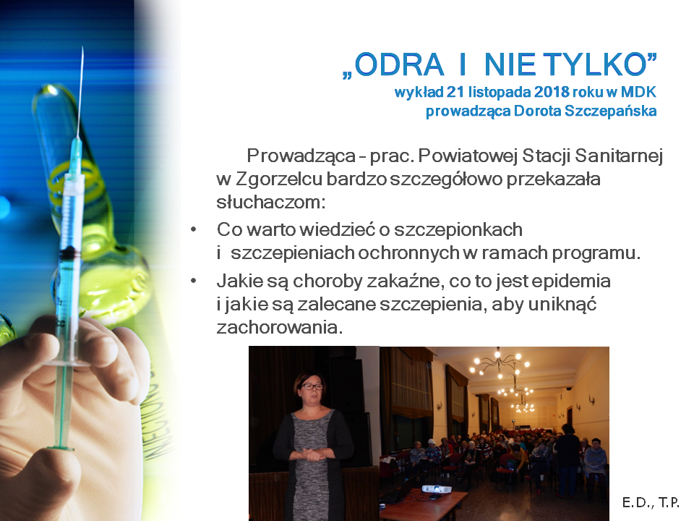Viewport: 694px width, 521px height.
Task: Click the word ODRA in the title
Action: coord(399,64)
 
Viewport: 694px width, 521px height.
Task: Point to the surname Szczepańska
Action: coord(610,111)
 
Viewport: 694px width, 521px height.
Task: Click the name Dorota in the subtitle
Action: coord(537,111)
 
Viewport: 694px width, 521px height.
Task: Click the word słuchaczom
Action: coord(271,203)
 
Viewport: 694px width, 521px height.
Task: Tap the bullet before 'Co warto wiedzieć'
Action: coord(194,230)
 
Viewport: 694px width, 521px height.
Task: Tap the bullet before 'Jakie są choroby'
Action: coord(194,281)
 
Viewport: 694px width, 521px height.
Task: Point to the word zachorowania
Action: coord(279,328)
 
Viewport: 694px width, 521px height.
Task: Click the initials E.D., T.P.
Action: coord(651,502)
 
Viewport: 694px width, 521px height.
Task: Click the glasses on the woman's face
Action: coord(312,386)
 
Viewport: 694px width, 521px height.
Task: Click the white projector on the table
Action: coord(436,489)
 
